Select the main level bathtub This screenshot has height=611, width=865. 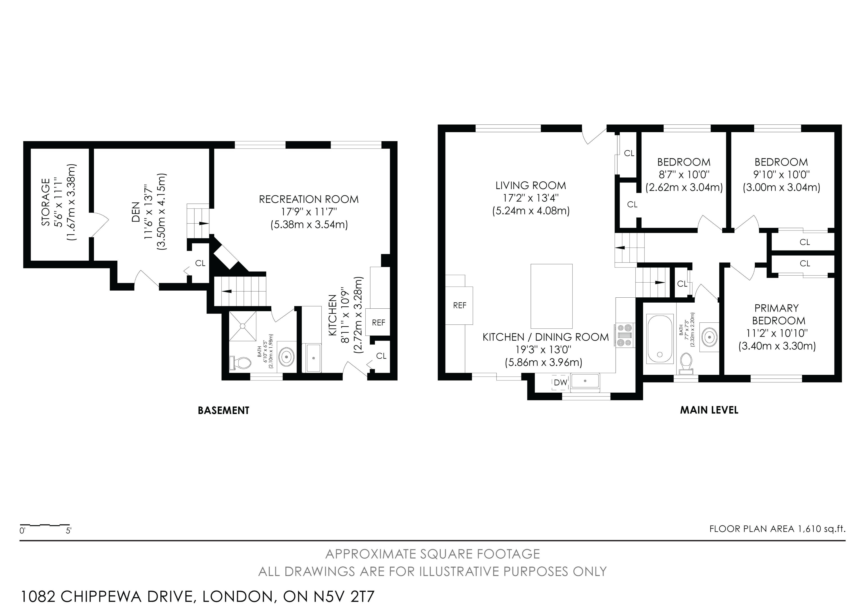pos(660,339)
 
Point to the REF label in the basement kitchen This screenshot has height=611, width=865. pos(378,323)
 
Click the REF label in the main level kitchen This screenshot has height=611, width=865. pos(460,305)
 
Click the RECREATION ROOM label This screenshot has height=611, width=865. pos(309,199)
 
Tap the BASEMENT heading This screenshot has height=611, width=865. pos(223,410)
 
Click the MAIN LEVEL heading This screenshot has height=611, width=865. pos(709,410)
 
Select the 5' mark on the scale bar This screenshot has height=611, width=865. pos(68,531)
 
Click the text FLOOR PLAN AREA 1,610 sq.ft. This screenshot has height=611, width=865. pos(777,529)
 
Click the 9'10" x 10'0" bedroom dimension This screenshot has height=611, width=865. pos(781,175)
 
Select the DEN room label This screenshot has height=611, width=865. pos(136,212)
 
